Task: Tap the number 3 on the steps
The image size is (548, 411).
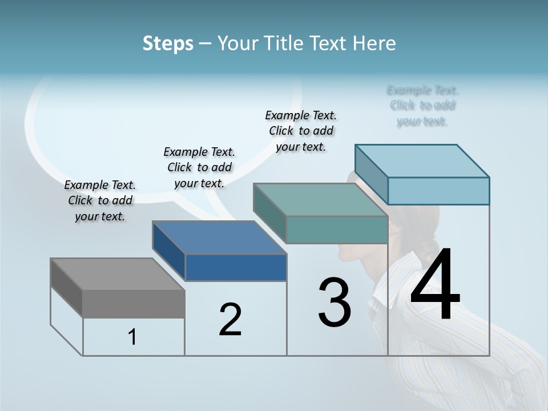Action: [335, 303]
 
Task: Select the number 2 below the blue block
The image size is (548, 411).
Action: [230, 320]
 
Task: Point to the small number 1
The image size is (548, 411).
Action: [132, 337]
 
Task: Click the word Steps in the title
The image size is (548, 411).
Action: [168, 43]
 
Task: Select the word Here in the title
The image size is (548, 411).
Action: [374, 43]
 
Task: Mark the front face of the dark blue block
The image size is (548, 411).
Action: [236, 267]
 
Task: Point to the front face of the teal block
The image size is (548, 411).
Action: [337, 229]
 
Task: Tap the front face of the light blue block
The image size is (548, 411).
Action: [438, 191]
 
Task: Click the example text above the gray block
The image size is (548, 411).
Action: [100, 200]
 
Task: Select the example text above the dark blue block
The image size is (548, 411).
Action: [199, 167]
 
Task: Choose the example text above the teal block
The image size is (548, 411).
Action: [301, 131]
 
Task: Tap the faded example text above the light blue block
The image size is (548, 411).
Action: [422, 106]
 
